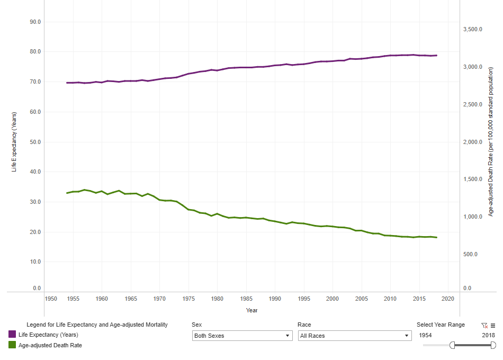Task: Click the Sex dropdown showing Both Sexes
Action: pyautogui.click(x=242, y=336)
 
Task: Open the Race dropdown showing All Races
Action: pyautogui.click(x=355, y=336)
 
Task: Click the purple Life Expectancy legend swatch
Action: pyautogui.click(x=12, y=335)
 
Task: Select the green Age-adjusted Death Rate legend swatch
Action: pyautogui.click(x=12, y=345)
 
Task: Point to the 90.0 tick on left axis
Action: pyautogui.click(x=36, y=22)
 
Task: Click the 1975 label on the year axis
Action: pyautogui.click(x=188, y=299)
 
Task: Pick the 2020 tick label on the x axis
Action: pyautogui.click(x=448, y=299)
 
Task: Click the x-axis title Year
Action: pyautogui.click(x=251, y=310)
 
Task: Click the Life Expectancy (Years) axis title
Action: pyautogui.click(x=15, y=142)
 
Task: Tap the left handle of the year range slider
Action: pyautogui.click(x=452, y=345)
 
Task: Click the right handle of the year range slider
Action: pyautogui.click(x=493, y=345)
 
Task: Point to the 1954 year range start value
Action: pyautogui.click(x=426, y=335)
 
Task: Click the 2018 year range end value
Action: pyautogui.click(x=488, y=335)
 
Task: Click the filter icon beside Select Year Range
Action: pyautogui.click(x=484, y=326)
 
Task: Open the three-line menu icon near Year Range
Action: pyautogui.click(x=493, y=326)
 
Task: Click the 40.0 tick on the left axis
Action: pyautogui.click(x=36, y=172)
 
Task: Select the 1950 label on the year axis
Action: pyautogui.click(x=51, y=299)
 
